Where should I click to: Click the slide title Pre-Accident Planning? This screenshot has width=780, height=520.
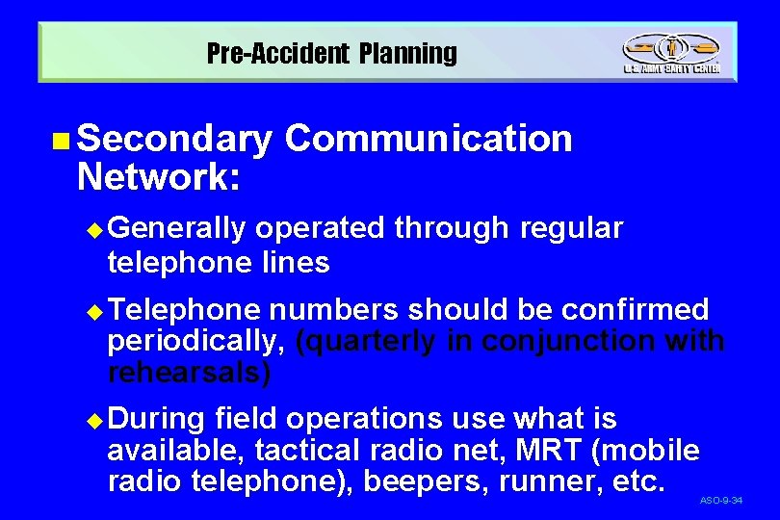(332, 54)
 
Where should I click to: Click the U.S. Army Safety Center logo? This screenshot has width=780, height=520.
(670, 54)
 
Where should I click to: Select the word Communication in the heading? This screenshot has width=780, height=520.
(429, 140)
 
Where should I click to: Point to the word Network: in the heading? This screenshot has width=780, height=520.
(159, 176)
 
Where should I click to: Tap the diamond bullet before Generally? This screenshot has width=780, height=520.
(93, 230)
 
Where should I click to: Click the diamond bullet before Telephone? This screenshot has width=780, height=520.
(93, 311)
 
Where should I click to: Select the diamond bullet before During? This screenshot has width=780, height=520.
(93, 421)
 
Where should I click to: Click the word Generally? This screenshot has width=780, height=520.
(177, 229)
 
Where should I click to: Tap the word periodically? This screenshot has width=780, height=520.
(196, 341)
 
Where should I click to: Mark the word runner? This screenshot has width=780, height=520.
(552, 481)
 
